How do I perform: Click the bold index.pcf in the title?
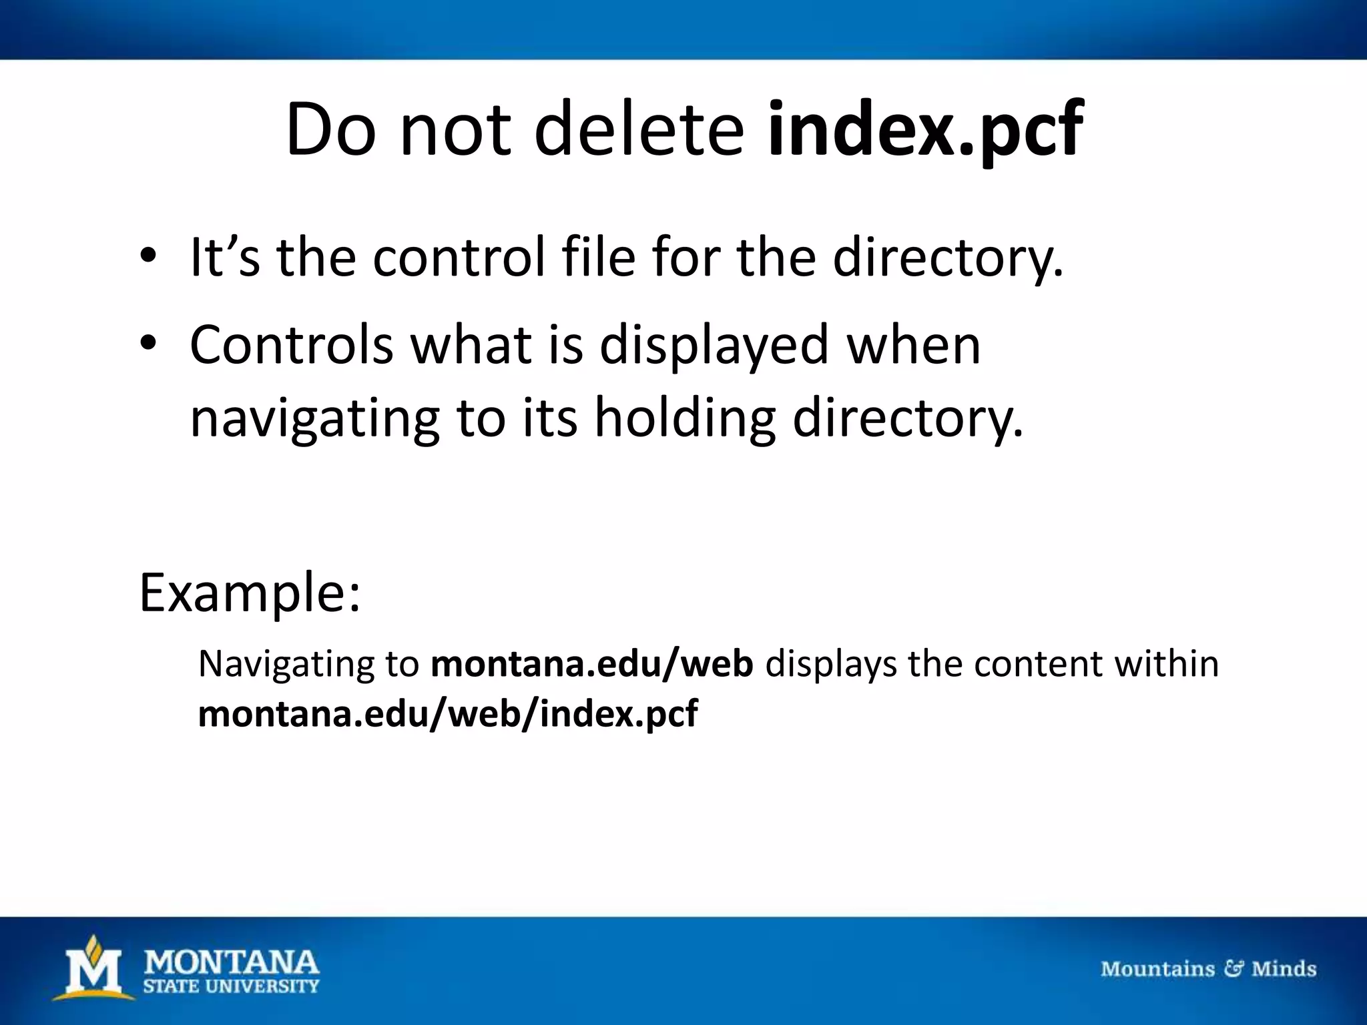[925, 129]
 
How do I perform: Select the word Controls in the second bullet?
[292, 345]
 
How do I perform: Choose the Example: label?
[250, 593]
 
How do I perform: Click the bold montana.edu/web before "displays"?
[592, 664]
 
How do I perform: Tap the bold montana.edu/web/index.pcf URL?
[448, 713]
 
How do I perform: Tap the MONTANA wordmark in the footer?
[232, 962]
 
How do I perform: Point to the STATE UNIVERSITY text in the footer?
[232, 986]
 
